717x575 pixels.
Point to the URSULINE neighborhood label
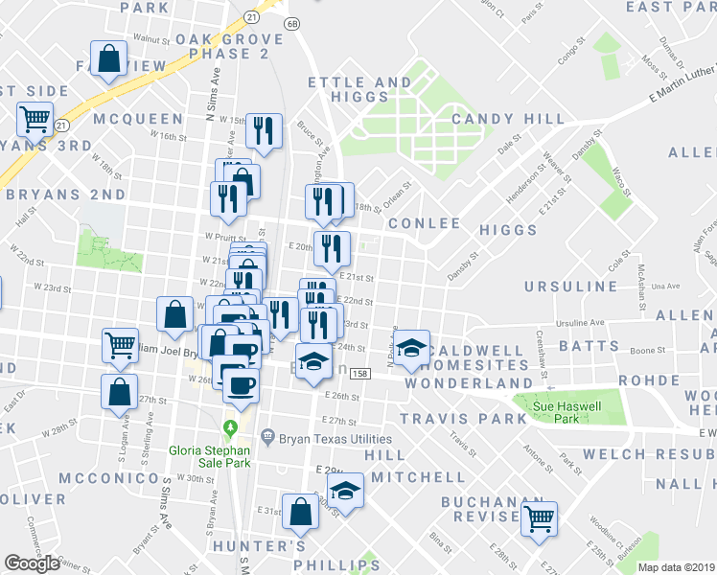pyautogui.click(x=571, y=287)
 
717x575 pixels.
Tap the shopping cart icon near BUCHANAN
pyautogui.click(x=540, y=518)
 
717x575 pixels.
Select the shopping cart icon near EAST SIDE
pyautogui.click(x=35, y=119)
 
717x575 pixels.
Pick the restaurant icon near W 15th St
pyautogui.click(x=264, y=129)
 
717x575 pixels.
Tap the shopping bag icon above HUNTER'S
pyautogui.click(x=300, y=513)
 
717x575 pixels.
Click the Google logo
pyautogui.click(x=33, y=563)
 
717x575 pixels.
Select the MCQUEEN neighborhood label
pyautogui.click(x=138, y=119)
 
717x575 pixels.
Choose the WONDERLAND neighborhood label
pyautogui.click(x=467, y=382)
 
